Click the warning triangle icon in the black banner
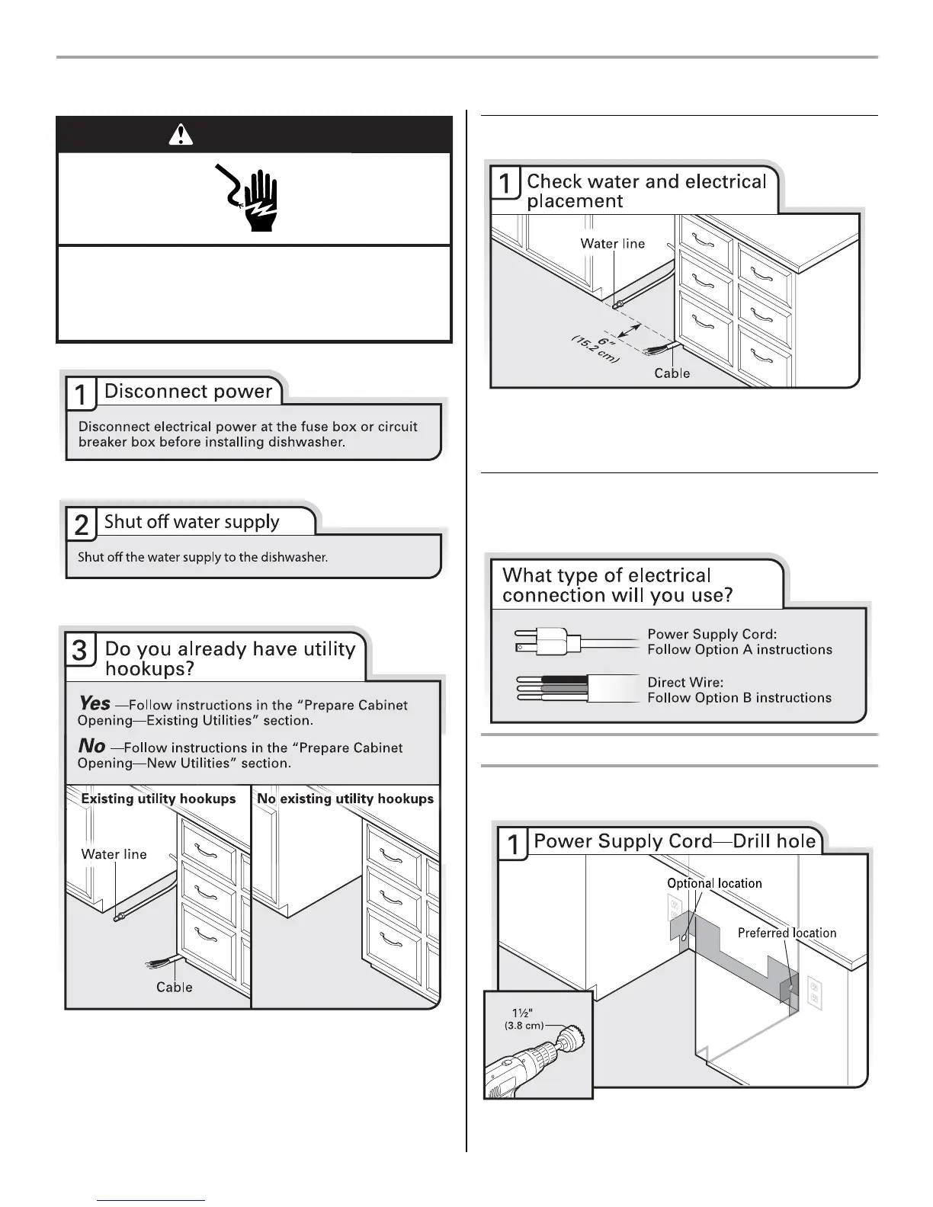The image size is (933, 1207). pyautogui.click(x=180, y=134)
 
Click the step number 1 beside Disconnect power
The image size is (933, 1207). pyautogui.click(x=81, y=394)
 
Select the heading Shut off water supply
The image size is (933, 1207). pyautogui.click(x=191, y=522)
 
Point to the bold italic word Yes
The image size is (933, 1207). pyautogui.click(x=95, y=703)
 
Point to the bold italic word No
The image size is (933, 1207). pyautogui.click(x=91, y=746)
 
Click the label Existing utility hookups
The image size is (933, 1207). pyautogui.click(x=159, y=799)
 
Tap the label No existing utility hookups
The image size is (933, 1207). pyautogui.click(x=345, y=799)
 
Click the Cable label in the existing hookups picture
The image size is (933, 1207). pyautogui.click(x=174, y=987)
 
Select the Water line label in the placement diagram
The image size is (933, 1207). pyautogui.click(x=612, y=244)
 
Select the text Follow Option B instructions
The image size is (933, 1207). pyautogui.click(x=739, y=697)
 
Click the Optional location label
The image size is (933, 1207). pyautogui.click(x=714, y=883)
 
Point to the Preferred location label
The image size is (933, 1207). pyautogui.click(x=787, y=933)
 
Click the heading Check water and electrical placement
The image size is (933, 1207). pyautogui.click(x=646, y=191)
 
